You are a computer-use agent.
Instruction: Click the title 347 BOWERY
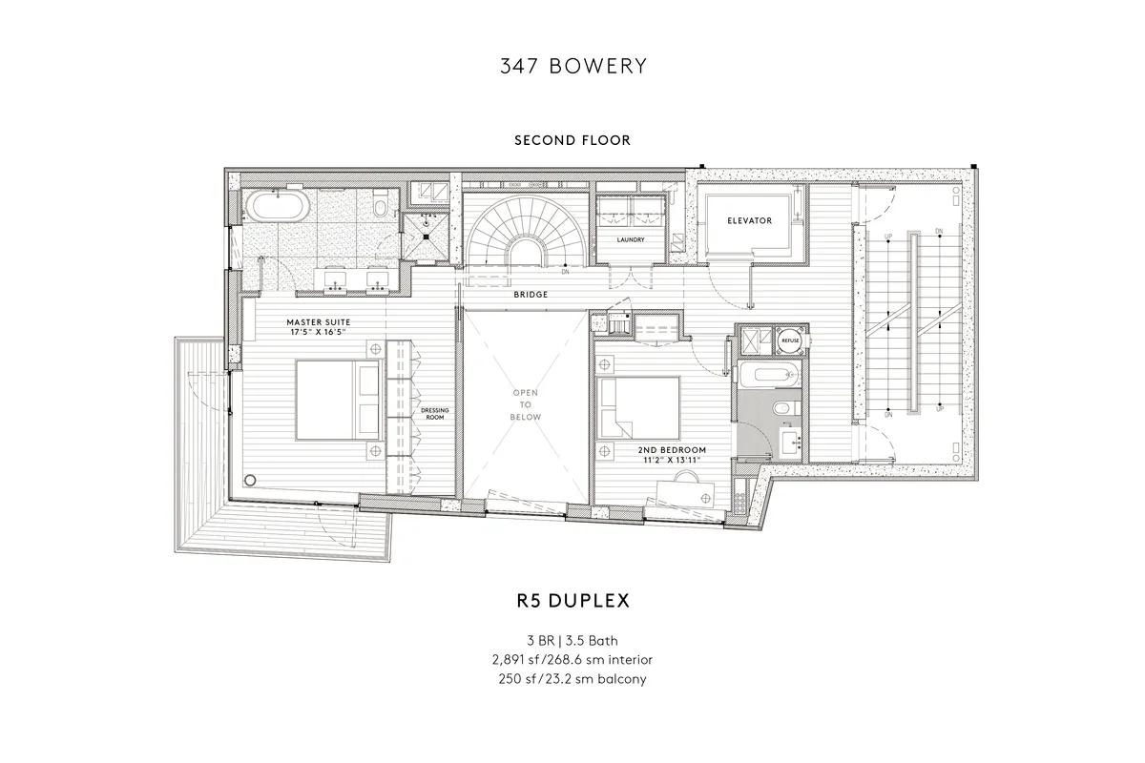pyautogui.click(x=572, y=66)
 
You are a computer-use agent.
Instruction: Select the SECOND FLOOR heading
pyautogui.click(x=572, y=140)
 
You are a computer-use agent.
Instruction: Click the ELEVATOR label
pyautogui.click(x=749, y=220)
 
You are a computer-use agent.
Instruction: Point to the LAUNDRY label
pyautogui.click(x=632, y=239)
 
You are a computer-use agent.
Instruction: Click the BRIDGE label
pyautogui.click(x=531, y=295)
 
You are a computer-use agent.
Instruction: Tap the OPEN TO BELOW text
pyautogui.click(x=526, y=405)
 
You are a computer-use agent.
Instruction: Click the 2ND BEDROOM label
pyautogui.click(x=671, y=448)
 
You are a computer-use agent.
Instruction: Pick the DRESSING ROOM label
pyautogui.click(x=434, y=413)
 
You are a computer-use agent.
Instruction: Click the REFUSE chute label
pyautogui.click(x=790, y=340)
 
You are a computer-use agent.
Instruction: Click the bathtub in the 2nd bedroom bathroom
pyautogui.click(x=768, y=376)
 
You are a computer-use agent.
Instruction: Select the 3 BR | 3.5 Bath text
pyautogui.click(x=572, y=640)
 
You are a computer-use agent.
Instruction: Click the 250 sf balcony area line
pyautogui.click(x=572, y=679)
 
